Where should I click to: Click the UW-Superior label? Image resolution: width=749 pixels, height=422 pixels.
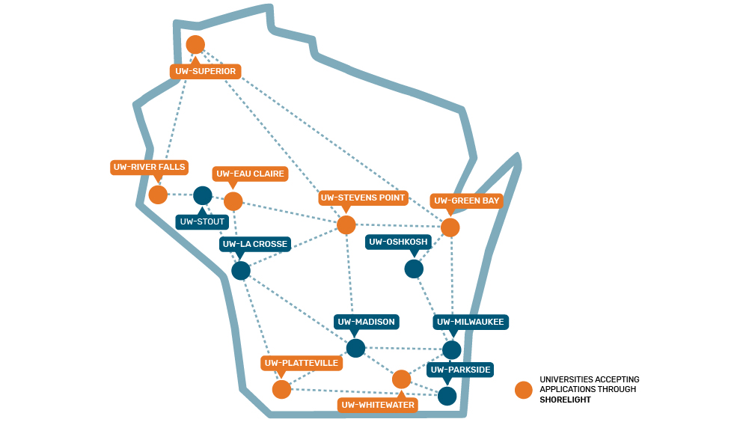[206, 72]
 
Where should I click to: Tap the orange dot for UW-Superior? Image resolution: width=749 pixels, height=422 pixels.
[195, 44]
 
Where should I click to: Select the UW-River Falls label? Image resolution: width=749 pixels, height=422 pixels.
[149, 167]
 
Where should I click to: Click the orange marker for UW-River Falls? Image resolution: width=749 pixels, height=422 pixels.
[158, 195]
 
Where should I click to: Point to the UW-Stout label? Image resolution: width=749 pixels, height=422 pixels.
[201, 221]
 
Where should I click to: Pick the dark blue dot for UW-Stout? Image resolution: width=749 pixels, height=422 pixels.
[203, 195]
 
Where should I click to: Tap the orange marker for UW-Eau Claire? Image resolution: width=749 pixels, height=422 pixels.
[233, 201]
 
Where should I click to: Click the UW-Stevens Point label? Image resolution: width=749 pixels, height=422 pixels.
[364, 198]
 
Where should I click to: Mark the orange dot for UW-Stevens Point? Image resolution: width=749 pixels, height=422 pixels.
[346, 224]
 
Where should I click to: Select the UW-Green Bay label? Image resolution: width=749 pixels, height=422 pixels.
[467, 201]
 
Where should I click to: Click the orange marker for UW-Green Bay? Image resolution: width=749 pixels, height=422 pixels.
[450, 227]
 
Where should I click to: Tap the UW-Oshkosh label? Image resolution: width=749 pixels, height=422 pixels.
[398, 242]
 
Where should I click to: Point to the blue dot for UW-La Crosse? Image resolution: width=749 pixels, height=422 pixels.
[241, 270]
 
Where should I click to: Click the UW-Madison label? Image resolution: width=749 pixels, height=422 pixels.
[366, 322]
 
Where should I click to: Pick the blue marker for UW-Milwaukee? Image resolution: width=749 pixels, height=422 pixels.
[452, 349]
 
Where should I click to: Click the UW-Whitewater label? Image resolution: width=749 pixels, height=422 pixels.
[378, 405]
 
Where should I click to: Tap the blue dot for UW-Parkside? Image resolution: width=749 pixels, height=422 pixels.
[447, 395]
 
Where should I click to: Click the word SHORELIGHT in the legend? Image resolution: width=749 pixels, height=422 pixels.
[565, 400]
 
